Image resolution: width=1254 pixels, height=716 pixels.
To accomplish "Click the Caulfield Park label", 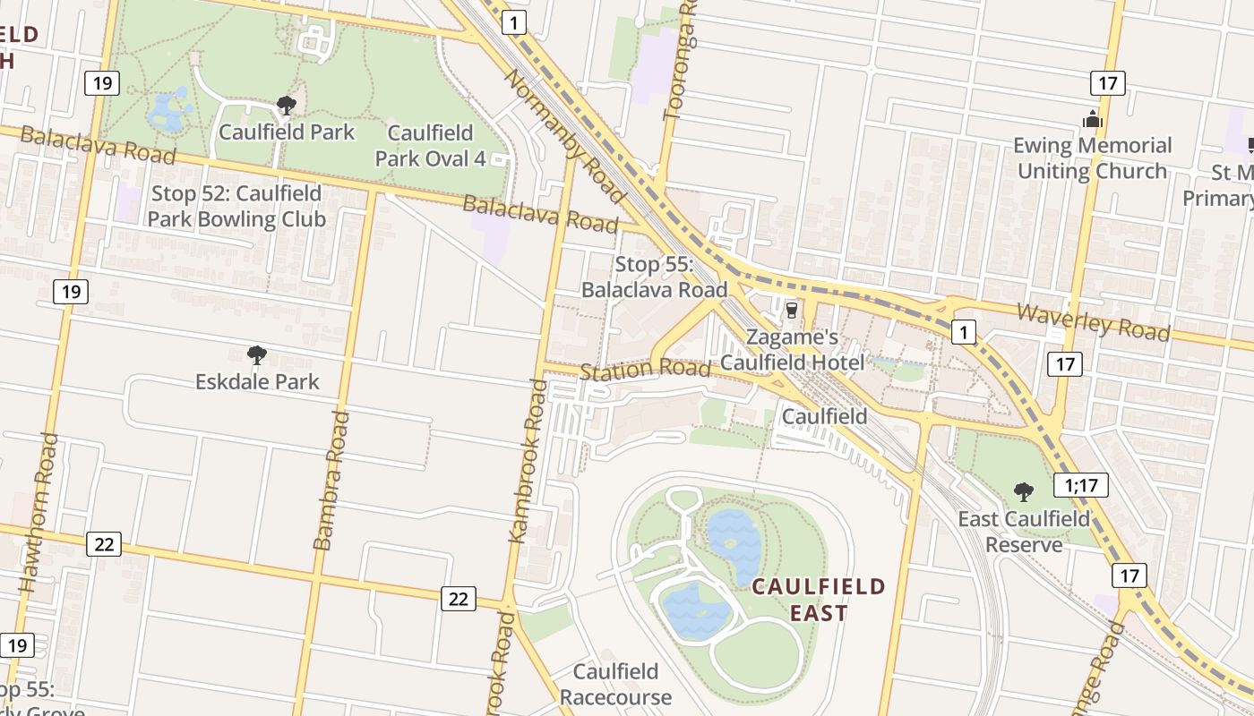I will tap(287, 132).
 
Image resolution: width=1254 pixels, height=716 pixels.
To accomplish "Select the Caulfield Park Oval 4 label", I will tap(430, 146).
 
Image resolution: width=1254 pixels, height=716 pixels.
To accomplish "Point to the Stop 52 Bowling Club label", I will tap(236, 207).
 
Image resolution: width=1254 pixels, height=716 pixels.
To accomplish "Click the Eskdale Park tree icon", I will tap(257, 355).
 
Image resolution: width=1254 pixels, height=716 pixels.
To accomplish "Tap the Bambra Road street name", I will tap(330, 480).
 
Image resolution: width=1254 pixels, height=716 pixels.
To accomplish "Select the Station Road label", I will tap(645, 369).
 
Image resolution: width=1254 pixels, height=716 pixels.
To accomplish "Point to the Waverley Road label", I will tap(1094, 322).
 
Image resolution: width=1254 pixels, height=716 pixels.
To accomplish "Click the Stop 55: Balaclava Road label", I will tap(654, 277).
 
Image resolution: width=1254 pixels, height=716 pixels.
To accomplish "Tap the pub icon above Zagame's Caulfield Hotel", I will tap(791, 311).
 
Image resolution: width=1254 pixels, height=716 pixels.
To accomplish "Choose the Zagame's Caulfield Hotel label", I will tap(793, 350).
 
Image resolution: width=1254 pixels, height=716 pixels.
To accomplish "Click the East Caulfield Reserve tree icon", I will tap(1023, 491).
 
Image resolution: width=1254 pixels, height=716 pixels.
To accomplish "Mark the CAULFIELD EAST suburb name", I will tap(819, 600).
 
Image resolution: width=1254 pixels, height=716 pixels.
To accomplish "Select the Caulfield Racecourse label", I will tap(615, 685).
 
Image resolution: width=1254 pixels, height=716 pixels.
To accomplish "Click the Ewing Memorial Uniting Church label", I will tap(1094, 158).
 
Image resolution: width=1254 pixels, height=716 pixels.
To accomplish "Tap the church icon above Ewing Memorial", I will tap(1092, 118).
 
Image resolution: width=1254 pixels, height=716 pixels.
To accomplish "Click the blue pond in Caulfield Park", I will tap(167, 111).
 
